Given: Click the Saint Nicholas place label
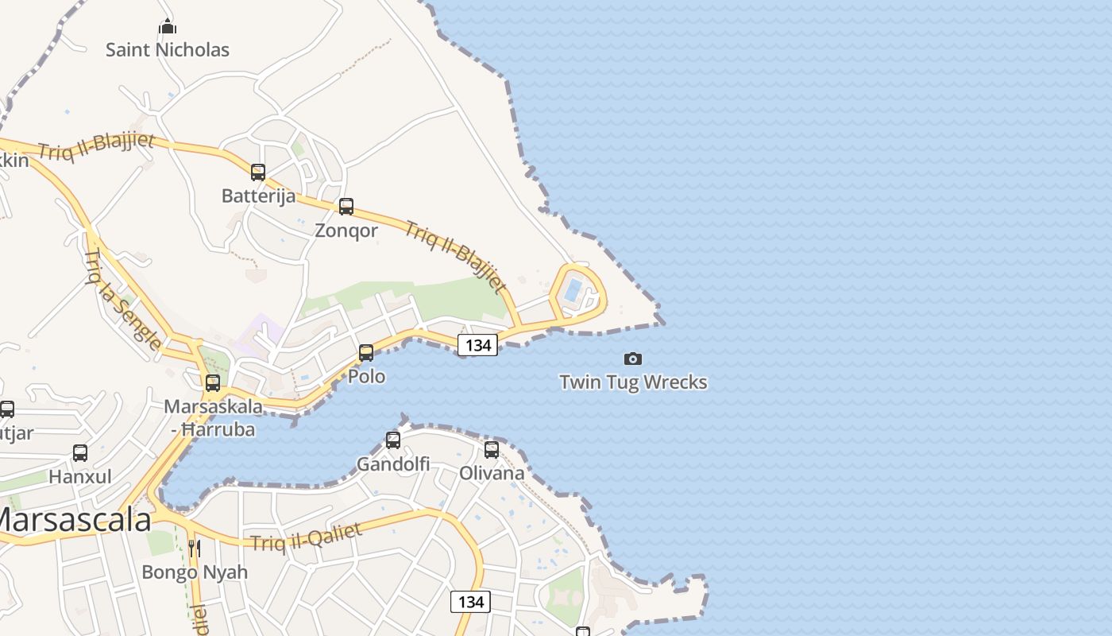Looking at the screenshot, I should pos(168,50).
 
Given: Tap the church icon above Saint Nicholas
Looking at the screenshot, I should pos(168,27).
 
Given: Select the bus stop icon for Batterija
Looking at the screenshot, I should pos(258,172).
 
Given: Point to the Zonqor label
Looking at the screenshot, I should pos(346,231).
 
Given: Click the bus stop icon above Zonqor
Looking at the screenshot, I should pos(346,207).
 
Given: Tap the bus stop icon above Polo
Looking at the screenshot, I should pos(366,352).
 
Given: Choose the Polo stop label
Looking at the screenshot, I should pos(367,376).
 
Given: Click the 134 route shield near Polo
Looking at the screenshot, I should pos(477,345).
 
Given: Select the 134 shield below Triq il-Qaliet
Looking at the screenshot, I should pos(470,602).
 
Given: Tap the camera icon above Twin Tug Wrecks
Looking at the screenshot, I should pos(633,359).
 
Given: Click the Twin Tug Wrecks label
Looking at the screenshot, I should pos(633,382).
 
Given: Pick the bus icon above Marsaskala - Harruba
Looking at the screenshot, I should pos(213,382).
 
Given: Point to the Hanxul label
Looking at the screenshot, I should pos(80,477).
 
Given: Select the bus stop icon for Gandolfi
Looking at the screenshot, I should pos(393,440).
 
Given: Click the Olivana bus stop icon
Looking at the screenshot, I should pos(492,449).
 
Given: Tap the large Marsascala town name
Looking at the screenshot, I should pos(73,520).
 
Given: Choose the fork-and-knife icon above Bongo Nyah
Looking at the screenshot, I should pos(194,548).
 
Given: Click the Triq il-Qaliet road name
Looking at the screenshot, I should pos(307,537).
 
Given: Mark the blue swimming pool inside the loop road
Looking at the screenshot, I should pos(573,290).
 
